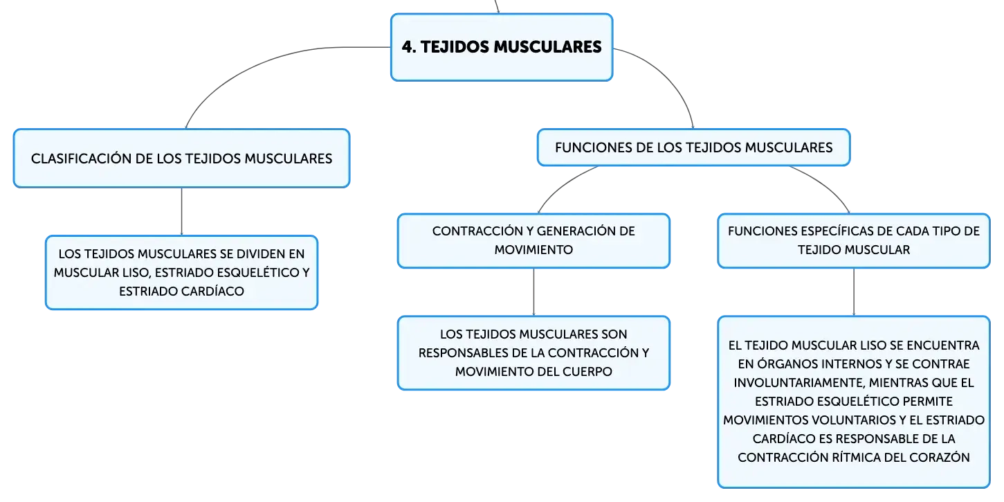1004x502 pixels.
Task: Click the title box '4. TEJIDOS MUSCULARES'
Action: (502, 47)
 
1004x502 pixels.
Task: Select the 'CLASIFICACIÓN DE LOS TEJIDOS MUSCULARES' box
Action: (181, 159)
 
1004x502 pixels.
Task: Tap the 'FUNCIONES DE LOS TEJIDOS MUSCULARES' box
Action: (694, 147)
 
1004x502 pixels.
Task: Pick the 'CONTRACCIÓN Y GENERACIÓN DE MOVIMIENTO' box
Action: (533, 241)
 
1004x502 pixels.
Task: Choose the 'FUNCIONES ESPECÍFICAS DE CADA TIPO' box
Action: (854, 241)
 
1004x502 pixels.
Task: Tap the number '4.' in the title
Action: (409, 47)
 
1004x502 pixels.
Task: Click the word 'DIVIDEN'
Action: (261, 254)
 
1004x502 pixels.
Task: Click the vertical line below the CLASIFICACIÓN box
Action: (181, 211)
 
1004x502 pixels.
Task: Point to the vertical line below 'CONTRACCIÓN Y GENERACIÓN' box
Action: (533, 292)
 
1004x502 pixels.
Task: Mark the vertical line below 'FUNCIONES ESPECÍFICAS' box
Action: (854, 292)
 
